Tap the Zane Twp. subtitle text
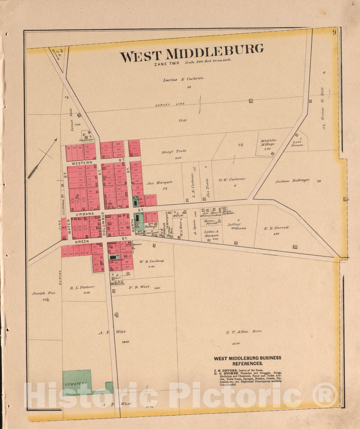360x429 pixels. pyautogui.click(x=167, y=63)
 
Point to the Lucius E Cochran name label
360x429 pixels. pyautogui.click(x=184, y=80)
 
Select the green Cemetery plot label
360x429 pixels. pyautogui.click(x=76, y=384)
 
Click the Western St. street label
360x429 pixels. pyautogui.click(x=82, y=163)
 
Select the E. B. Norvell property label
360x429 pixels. pyautogui.click(x=277, y=228)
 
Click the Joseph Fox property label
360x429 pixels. pyautogui.click(x=43, y=293)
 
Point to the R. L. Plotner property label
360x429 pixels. pyautogui.click(x=82, y=288)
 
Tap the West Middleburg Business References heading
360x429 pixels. pyautogui.click(x=247, y=361)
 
